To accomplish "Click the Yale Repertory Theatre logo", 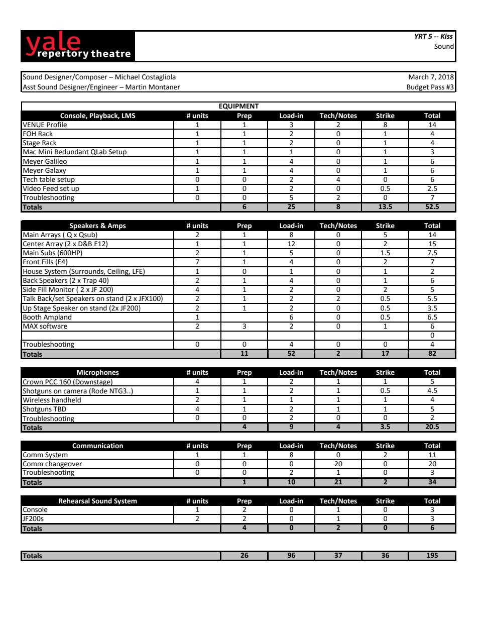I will [x=78, y=46].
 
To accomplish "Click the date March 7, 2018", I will [x=431, y=77].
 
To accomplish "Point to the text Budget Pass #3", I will [x=430, y=87].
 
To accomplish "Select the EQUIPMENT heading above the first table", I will [x=238, y=106].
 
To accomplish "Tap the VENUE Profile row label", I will [x=45, y=125].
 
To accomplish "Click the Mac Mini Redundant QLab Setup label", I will [x=74, y=152].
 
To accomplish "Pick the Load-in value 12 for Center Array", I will [x=291, y=244].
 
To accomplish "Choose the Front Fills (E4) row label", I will [x=45, y=262].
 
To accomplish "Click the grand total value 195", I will [x=432, y=555].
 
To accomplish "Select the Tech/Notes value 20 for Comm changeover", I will [x=338, y=464].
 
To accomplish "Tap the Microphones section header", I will [x=97, y=372].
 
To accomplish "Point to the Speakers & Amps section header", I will [x=97, y=226].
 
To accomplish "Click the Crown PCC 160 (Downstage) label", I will [x=68, y=382].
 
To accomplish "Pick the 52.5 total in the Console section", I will [x=432, y=206].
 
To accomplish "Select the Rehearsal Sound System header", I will [x=97, y=501].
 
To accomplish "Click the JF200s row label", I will [x=33, y=518].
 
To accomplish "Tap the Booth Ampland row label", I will [x=47, y=317].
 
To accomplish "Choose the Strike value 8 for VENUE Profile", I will [x=385, y=125].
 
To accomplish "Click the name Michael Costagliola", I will [x=145, y=77].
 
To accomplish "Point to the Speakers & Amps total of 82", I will [x=432, y=353].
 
